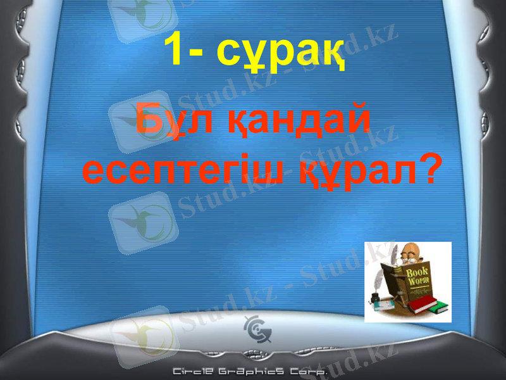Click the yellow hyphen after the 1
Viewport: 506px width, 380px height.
204,52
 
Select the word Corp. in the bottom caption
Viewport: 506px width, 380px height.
307,372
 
